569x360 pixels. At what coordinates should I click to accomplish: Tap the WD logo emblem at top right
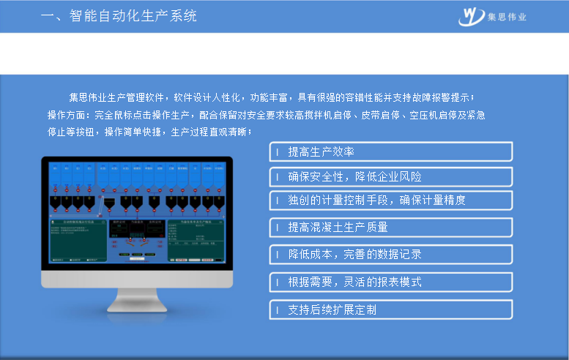472,15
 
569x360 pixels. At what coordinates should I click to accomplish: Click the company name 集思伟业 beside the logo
507,17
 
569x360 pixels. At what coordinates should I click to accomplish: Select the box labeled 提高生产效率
391,151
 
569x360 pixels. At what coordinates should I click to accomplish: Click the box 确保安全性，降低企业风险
391,176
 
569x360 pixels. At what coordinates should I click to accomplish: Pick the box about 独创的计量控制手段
391,200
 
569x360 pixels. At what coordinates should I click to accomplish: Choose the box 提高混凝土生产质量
391,227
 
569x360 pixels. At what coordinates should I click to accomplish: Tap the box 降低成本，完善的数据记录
391,254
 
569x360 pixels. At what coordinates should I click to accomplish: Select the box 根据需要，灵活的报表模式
391,282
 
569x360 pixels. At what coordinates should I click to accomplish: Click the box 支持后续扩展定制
391,310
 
